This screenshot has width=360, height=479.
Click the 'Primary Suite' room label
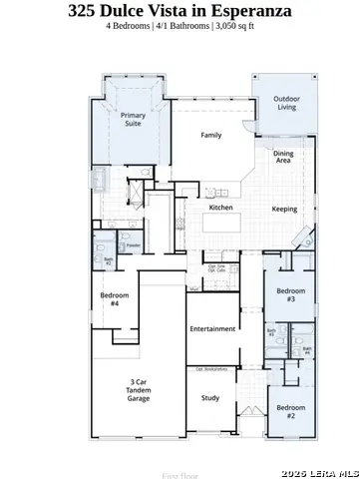(x=133, y=122)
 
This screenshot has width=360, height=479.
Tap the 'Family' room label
(x=210, y=135)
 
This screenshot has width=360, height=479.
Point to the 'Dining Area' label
(x=283, y=156)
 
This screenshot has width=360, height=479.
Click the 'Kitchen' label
(x=220, y=208)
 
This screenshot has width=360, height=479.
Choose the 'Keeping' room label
(x=284, y=209)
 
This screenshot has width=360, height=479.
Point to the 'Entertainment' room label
(x=211, y=328)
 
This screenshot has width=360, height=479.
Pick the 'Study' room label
(x=210, y=398)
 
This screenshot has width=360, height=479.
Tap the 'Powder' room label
(x=132, y=244)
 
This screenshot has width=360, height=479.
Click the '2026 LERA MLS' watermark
(x=320, y=471)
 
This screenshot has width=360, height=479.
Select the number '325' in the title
(x=86, y=10)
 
